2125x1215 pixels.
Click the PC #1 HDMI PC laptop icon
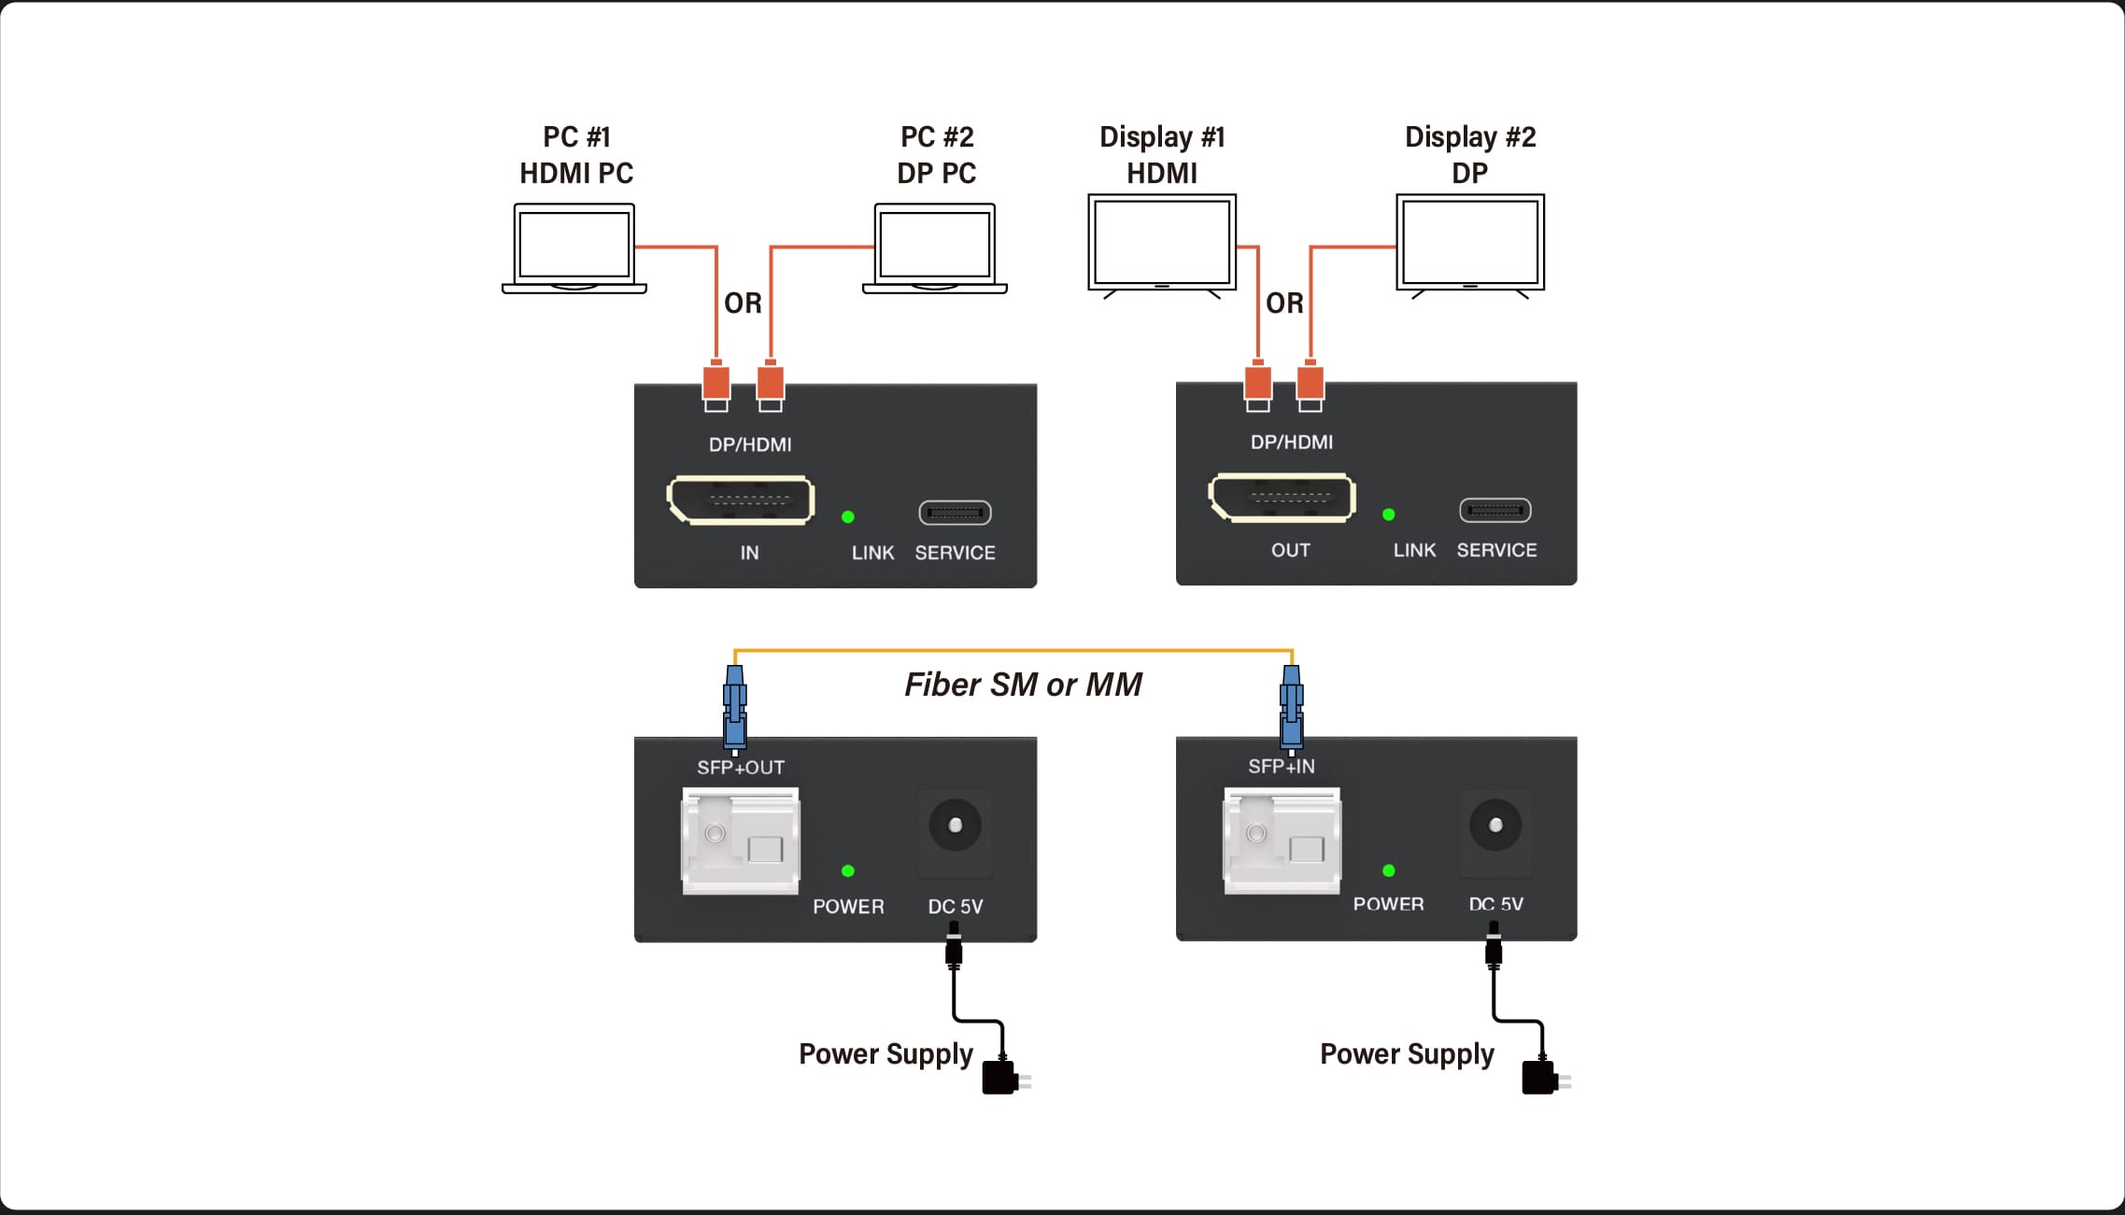[574, 248]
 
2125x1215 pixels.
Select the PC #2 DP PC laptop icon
[935, 248]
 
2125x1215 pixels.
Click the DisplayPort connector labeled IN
[741, 501]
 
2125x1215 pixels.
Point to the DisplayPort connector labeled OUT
[1282, 498]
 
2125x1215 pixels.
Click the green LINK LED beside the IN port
[848, 516]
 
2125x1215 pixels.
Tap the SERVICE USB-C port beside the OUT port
[1495, 510]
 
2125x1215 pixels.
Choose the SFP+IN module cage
[1282, 840]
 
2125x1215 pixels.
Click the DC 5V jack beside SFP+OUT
[955, 826]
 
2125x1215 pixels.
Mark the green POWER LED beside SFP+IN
[1389, 870]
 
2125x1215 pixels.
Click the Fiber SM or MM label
[1023, 685]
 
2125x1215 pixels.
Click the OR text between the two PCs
[744, 304]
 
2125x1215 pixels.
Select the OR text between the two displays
[1284, 304]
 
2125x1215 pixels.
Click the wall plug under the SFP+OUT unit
[1003, 1078]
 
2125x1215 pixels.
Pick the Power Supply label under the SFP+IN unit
[1407, 1054]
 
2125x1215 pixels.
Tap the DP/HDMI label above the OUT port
[1292, 443]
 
